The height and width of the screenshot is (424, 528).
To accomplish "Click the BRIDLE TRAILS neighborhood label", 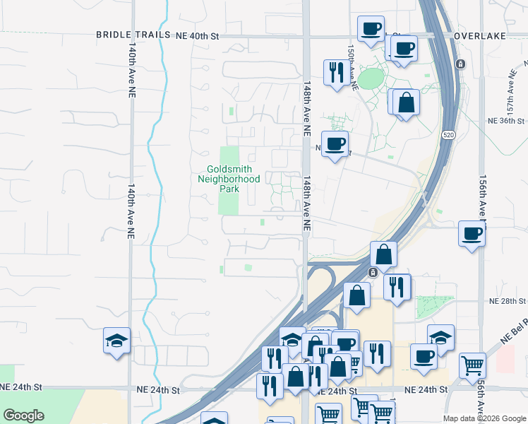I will pyautogui.click(x=133, y=35).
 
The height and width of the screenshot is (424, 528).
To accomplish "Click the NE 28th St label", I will pyautogui.click(x=508, y=301).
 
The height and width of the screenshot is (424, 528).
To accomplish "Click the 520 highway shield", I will pyautogui.click(x=449, y=134).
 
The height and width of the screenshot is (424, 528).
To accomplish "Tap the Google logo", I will pyautogui.click(x=23, y=416).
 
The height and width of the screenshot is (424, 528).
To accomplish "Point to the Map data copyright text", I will pyautogui.click(x=484, y=418).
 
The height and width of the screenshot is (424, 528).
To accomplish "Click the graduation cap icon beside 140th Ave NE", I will pyautogui.click(x=116, y=341).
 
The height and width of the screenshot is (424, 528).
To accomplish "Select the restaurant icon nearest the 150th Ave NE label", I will pyautogui.click(x=335, y=71).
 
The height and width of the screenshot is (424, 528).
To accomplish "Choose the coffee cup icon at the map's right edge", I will pyautogui.click(x=472, y=233).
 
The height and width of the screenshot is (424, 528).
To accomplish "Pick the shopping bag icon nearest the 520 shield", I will pyautogui.click(x=407, y=102).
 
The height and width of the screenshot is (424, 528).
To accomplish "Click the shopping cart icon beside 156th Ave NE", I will pyautogui.click(x=472, y=365).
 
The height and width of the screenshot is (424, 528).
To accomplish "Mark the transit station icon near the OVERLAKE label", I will pyautogui.click(x=460, y=64).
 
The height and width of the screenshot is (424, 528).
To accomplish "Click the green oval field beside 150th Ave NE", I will pyautogui.click(x=371, y=78).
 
